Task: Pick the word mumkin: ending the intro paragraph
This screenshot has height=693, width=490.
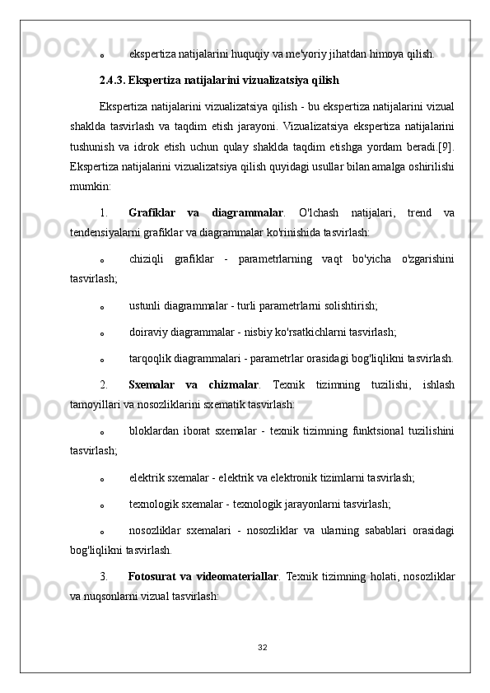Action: (88, 188)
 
